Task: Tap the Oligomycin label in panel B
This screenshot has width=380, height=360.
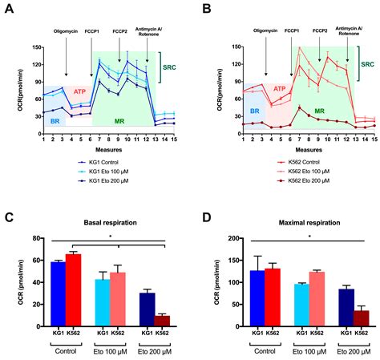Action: [265, 32]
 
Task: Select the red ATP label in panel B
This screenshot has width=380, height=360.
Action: [278, 90]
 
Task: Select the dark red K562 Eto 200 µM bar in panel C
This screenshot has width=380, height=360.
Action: [162, 321]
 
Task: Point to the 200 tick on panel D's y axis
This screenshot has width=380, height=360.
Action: [235, 239]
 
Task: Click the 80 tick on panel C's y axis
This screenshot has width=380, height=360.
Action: [37, 239]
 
